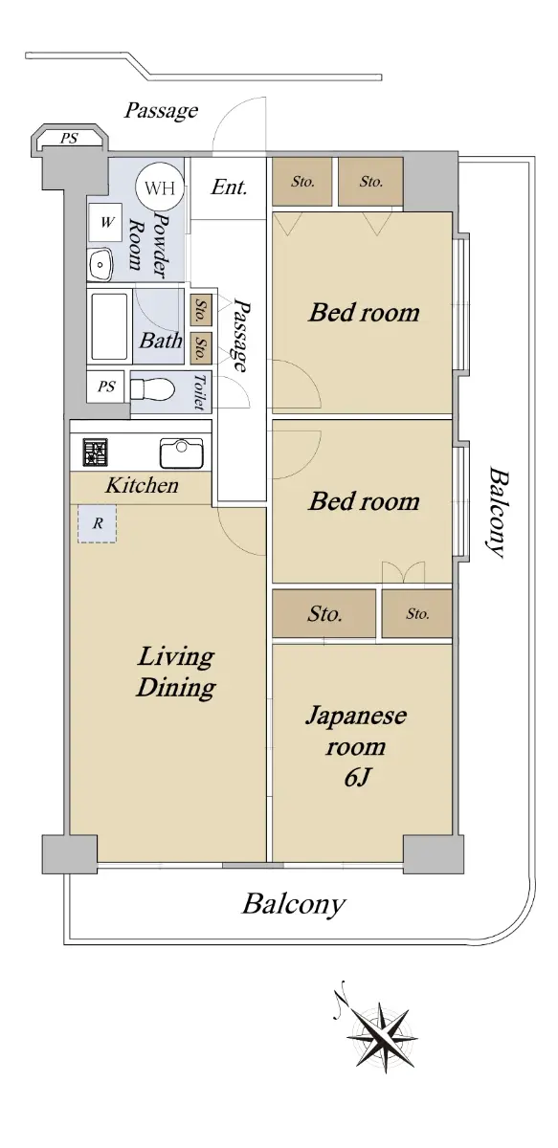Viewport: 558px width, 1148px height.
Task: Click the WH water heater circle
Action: pos(160,188)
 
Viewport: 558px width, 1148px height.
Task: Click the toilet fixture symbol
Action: pos(152,390)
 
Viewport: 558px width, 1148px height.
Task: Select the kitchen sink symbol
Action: pos(182,453)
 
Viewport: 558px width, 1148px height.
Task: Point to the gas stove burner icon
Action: pos(96,452)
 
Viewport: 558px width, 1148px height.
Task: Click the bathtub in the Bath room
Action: pos(109,326)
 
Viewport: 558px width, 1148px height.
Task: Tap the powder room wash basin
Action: pos(100,264)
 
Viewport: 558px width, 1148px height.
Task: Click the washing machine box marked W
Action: pos(105,222)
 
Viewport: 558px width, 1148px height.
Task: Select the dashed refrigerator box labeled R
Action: pos(98,523)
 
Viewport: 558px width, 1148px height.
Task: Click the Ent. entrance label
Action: pos(230,188)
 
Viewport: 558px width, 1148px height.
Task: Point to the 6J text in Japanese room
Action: pos(356,778)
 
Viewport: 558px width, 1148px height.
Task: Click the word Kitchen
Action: pos(142,485)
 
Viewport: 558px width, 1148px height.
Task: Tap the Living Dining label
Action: pos(176,672)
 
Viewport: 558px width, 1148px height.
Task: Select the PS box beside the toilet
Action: pos(107,386)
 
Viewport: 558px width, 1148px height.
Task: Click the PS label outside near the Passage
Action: pos(69,138)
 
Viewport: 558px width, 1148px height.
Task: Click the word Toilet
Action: pos(199,392)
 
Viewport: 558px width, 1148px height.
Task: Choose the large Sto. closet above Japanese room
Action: pos(324,613)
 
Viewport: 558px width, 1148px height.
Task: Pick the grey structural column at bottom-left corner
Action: pos(69,853)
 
